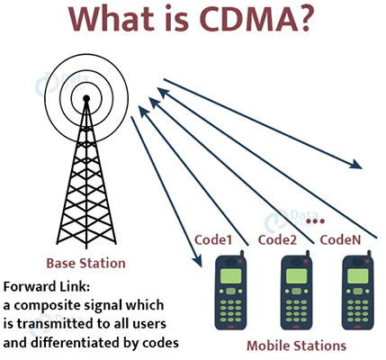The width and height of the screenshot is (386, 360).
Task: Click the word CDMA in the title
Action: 248,19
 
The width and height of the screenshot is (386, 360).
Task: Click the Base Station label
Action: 85,263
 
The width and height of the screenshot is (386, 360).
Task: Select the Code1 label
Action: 213,239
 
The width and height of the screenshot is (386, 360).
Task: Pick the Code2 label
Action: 277,239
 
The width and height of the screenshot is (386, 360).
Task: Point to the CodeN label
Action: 340,239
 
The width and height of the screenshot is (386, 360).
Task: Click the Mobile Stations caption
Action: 296,346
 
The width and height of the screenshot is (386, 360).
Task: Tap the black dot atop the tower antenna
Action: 86,98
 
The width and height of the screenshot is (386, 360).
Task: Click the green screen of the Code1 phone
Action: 230,276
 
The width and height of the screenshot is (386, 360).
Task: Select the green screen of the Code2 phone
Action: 296,276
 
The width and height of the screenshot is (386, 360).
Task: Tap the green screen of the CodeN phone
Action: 357,276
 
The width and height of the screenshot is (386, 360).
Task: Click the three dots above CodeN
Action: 316,221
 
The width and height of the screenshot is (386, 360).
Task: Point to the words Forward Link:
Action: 47,287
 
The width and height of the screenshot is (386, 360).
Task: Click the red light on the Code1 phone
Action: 240,261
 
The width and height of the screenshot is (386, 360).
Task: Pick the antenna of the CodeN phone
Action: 369,255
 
